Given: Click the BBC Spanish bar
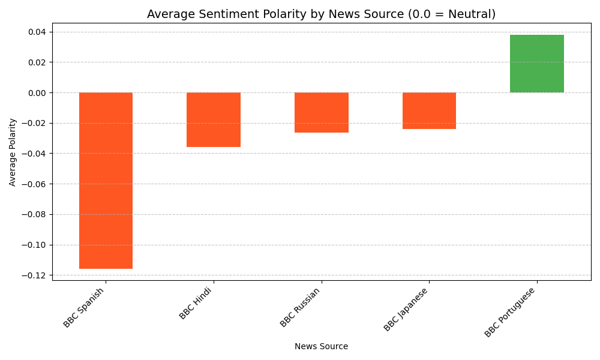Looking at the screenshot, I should pos(106,180).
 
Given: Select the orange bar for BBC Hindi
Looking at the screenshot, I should pos(214,119).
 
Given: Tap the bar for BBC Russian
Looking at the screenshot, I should pos(322,112).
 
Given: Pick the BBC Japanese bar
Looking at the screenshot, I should pos(429,110).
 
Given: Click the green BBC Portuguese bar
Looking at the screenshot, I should pos(537,64).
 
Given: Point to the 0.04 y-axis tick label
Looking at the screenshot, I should pos(36,32).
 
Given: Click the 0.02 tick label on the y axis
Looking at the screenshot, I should pos(36,62).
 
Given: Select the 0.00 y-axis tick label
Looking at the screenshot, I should pos(36,93).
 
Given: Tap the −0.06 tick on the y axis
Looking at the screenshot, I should pos(34,184).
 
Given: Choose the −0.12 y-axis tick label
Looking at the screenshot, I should pos(34,275).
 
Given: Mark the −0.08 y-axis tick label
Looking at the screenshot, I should pos(34,215).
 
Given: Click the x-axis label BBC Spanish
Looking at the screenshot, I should pos(84,307).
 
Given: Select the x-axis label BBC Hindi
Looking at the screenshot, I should pos(196,303).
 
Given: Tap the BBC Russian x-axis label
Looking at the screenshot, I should pos(300,307).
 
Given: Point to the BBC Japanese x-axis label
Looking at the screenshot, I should pos(406,309).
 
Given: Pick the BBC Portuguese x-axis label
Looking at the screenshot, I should pos(509,312).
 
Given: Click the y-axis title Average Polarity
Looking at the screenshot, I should pos(13,152).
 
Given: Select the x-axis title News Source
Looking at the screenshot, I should pos(321,346).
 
